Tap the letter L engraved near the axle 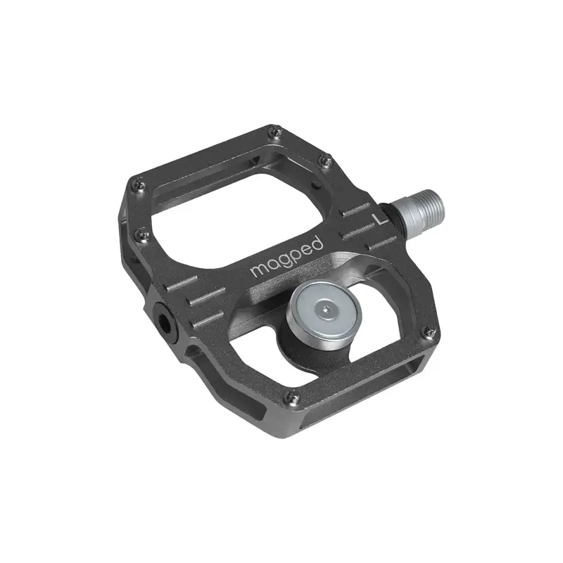pyautogui.click(x=381, y=218)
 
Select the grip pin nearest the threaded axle pyautogui.click(x=324, y=162)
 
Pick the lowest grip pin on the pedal pyautogui.click(x=293, y=400)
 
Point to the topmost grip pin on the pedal pyautogui.click(x=276, y=131)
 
